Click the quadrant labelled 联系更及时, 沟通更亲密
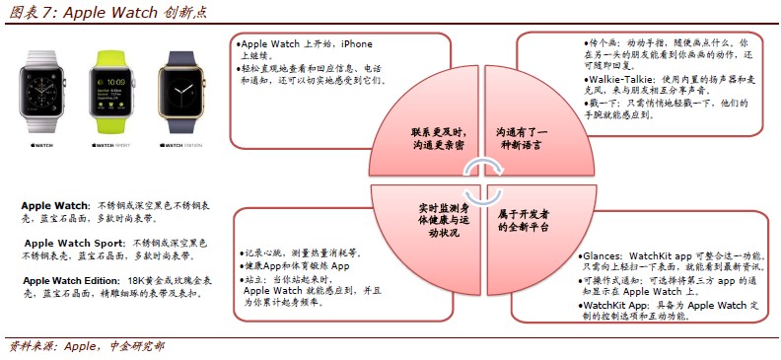pyautogui.click(x=436, y=138)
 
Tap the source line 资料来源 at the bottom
pyautogui.click(x=32, y=346)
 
